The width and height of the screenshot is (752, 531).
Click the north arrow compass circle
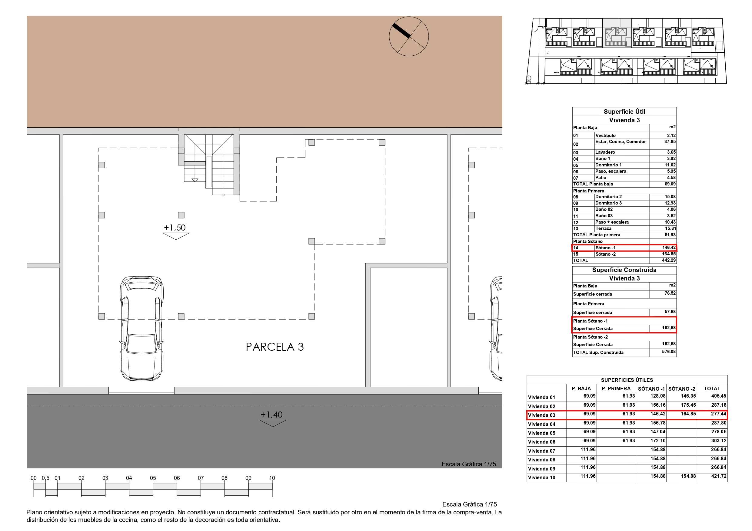[x=409, y=36]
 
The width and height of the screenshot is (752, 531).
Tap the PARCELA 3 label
[x=275, y=347]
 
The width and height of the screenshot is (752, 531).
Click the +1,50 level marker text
[x=175, y=228]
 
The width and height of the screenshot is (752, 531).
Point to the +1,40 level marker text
[x=271, y=415]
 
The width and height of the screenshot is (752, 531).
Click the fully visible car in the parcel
[x=141, y=329]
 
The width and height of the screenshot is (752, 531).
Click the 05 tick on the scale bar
[x=153, y=478]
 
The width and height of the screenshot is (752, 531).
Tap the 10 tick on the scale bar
[x=272, y=478]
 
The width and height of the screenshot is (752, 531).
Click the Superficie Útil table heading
[x=624, y=112]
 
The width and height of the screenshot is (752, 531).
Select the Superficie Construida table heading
[x=624, y=270]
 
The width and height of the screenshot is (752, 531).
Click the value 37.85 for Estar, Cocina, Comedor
[x=670, y=142]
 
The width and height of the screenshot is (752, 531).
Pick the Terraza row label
[x=603, y=228]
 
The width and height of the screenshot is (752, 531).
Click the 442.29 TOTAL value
[x=668, y=261]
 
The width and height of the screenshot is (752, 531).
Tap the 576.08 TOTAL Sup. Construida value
[x=668, y=352]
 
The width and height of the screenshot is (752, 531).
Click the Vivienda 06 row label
[x=541, y=442]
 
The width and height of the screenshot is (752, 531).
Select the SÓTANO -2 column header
[x=682, y=389]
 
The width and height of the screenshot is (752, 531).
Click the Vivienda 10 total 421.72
[x=719, y=476]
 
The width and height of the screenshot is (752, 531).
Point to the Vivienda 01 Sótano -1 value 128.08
[x=658, y=396]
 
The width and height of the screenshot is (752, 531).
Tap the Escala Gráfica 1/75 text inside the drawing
[x=469, y=464]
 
